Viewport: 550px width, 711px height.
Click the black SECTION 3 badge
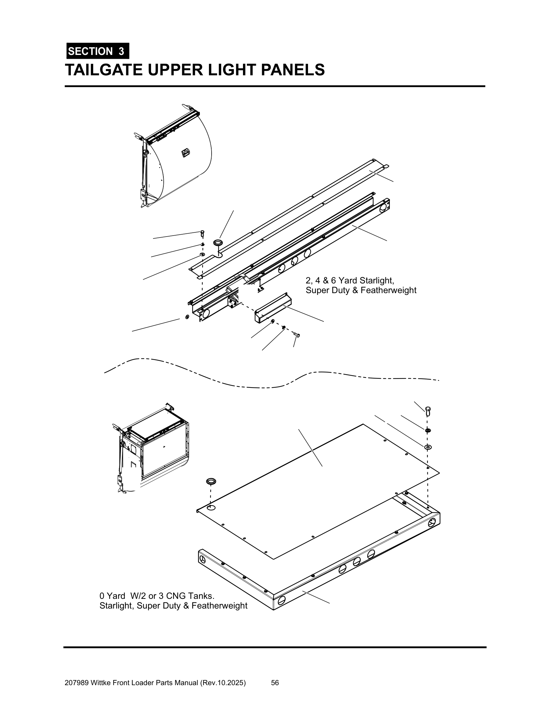click(98, 51)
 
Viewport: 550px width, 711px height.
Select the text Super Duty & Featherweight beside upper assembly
click(361, 290)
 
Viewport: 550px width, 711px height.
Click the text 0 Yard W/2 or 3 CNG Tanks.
click(157, 596)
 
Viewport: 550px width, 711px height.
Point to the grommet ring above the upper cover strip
click(217, 242)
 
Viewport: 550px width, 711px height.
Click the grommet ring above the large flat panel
click(211, 481)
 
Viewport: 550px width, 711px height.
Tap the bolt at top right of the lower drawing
click(428, 410)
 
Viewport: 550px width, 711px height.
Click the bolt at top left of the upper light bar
click(202, 233)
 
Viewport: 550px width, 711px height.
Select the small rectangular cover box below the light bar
click(273, 308)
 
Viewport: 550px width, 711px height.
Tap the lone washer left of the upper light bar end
click(187, 317)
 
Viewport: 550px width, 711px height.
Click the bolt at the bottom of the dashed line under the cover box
click(297, 335)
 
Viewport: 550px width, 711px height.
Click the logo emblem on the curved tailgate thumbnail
click(185, 152)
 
